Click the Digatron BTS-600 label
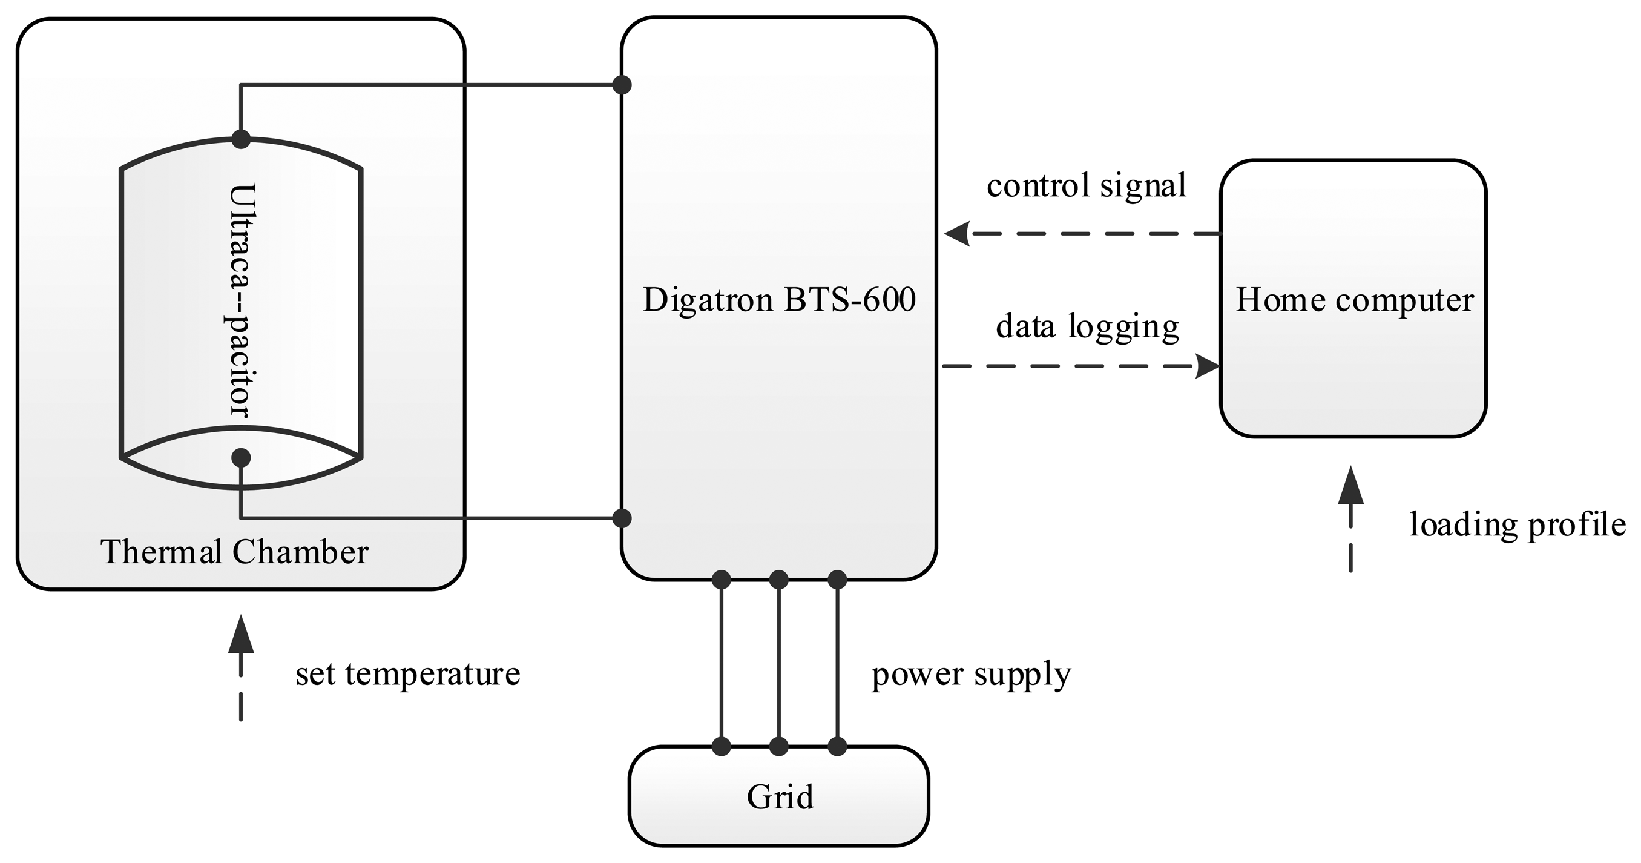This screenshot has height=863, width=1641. coord(778,300)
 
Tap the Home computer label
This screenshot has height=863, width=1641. coord(1354,300)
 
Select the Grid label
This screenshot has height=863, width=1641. coord(780,797)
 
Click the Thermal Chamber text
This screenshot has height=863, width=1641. coord(234,552)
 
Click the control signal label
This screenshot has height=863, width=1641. coord(1086,186)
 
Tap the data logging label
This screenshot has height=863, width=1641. coord(1087,326)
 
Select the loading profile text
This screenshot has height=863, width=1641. coord(1518,525)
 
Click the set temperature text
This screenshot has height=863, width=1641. coord(408,673)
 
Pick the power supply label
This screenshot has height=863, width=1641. coord(971,673)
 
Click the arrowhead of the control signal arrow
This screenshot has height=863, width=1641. coord(957,233)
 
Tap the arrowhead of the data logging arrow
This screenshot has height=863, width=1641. coord(1207,366)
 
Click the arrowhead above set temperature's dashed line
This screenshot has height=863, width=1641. coord(241,635)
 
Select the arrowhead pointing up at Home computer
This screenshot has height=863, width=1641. coord(1350,486)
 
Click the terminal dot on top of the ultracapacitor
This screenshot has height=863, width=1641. coord(241,139)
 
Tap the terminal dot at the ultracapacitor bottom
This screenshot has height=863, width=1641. coord(241,457)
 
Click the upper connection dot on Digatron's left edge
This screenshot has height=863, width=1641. coord(622,84)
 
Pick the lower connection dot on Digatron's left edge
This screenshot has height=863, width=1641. coord(622,518)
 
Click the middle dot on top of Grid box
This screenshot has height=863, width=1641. coord(778,746)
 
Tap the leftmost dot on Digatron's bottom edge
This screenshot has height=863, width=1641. coord(721,580)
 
